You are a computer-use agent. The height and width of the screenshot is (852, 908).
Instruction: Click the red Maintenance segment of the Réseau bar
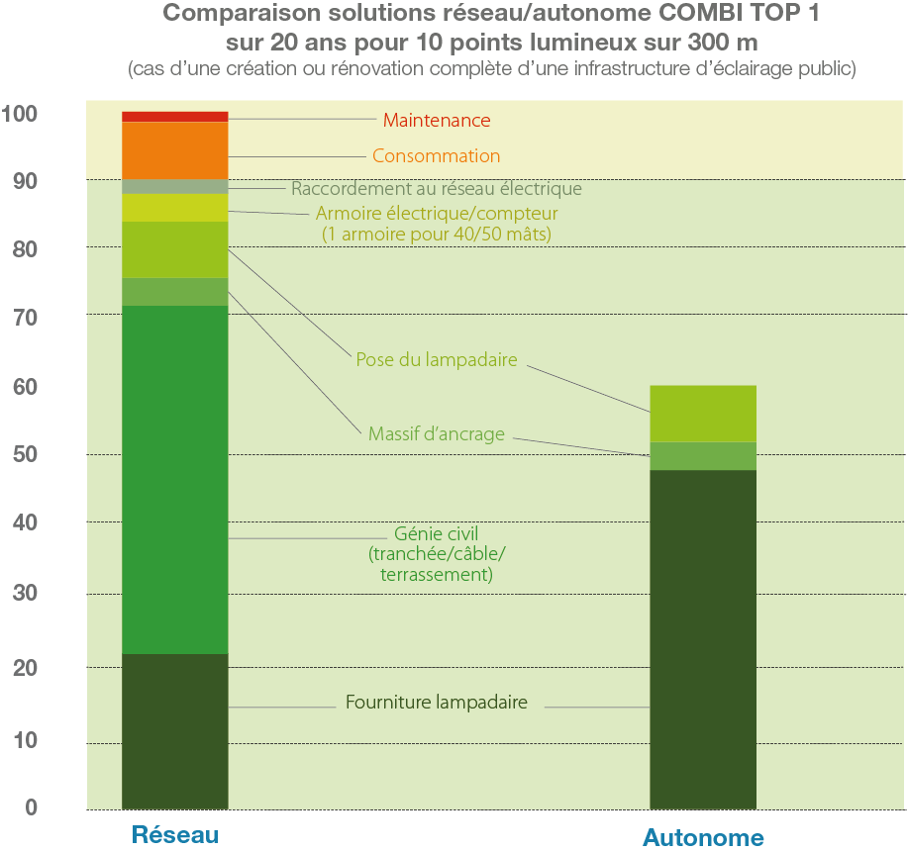(x=175, y=117)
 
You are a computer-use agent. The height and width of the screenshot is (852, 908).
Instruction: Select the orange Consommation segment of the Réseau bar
(x=175, y=150)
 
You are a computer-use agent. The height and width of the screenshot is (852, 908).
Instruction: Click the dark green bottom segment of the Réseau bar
(x=175, y=731)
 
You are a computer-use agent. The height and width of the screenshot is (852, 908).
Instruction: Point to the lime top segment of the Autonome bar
(x=703, y=414)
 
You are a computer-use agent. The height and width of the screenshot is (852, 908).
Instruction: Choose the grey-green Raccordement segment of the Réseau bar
(x=175, y=187)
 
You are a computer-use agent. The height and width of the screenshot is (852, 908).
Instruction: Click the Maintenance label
(x=437, y=121)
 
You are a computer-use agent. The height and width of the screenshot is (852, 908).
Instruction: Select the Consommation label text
(x=436, y=156)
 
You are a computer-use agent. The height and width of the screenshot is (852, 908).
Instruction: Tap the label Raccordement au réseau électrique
(x=436, y=189)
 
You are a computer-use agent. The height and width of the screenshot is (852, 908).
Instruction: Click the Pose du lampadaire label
(x=437, y=360)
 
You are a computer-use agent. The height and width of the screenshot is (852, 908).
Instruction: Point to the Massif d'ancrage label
(x=436, y=433)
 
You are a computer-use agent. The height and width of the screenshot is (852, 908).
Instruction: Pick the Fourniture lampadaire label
(x=436, y=704)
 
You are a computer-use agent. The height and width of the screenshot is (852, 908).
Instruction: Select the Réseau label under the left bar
(x=174, y=834)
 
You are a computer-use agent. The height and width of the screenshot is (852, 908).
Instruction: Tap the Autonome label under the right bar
(x=703, y=838)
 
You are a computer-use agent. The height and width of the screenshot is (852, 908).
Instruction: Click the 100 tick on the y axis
(x=21, y=114)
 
